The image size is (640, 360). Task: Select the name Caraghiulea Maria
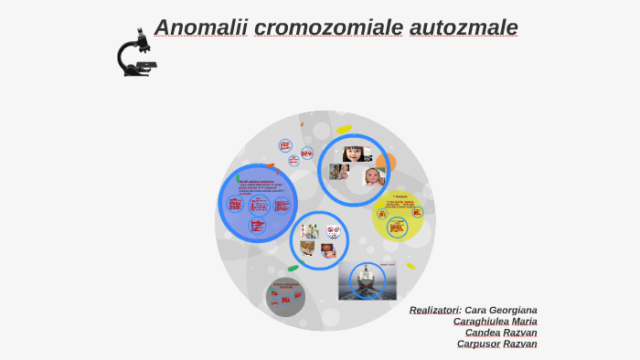pyautogui.click(x=495, y=322)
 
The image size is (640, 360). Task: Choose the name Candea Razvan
pyautogui.click(x=501, y=333)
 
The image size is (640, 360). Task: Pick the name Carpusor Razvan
pyautogui.click(x=496, y=344)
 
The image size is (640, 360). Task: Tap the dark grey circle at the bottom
pyautogui.click(x=285, y=297)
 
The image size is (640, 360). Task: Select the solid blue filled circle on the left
pyautogui.click(x=258, y=203)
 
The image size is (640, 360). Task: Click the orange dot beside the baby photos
pyautogui.click(x=387, y=163)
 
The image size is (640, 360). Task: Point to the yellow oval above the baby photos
pyautogui.click(x=344, y=130)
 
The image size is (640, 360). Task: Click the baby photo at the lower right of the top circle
pyautogui.click(x=374, y=176)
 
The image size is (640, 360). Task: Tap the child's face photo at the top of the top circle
pyautogui.click(x=355, y=154)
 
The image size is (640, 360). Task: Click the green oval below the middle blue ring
pyautogui.click(x=293, y=269)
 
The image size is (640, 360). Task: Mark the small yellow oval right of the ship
pyautogui.click(x=411, y=266)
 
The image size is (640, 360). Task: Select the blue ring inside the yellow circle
pyautogui.click(x=397, y=227)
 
